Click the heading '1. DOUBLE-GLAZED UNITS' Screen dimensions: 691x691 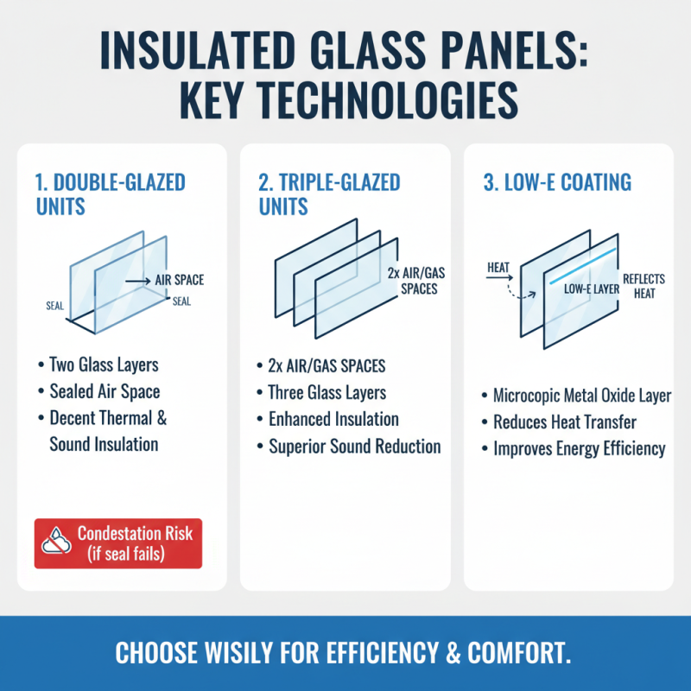pos(111,194)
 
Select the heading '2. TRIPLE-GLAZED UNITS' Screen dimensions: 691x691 pos(329,194)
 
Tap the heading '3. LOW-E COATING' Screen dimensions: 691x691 pos(556,183)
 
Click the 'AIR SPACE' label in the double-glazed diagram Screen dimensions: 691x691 pos(179,280)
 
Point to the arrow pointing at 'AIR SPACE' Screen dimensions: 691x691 pos(137,280)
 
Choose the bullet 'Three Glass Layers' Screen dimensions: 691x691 pos(327,392)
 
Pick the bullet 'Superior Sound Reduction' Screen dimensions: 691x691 pos(355,447)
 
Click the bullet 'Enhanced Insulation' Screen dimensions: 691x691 pos(333,419)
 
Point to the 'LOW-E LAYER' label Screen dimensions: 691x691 pos(591,288)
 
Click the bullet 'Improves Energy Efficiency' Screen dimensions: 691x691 pos(580,448)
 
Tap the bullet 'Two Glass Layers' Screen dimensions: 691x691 pos(105,365)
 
